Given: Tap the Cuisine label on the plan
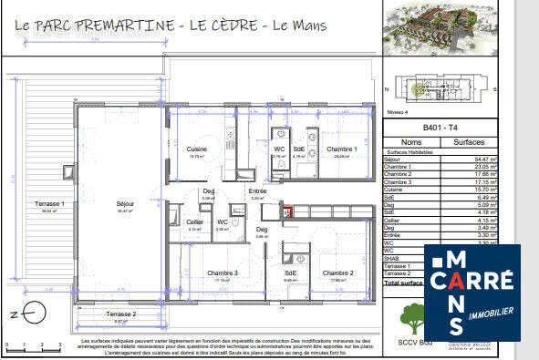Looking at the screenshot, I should point(197,149).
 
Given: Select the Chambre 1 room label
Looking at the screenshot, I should point(341,149).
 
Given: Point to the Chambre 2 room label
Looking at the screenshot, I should point(337,273).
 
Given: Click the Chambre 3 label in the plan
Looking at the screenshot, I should point(222,273).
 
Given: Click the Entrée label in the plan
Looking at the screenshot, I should point(257,190).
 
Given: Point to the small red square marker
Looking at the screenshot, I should point(288,212).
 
